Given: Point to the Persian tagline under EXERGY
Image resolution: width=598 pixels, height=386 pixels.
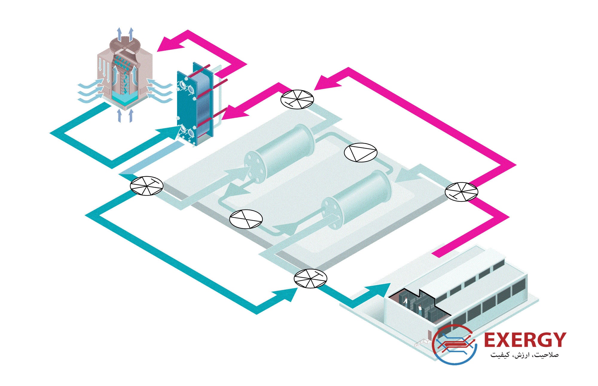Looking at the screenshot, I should point(524,355).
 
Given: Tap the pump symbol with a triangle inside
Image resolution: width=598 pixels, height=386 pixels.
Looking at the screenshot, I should point(361,153).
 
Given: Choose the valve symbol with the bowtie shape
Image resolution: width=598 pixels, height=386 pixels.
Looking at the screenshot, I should point(246,219).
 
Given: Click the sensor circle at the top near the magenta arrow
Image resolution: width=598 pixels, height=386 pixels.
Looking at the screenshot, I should point(297,99).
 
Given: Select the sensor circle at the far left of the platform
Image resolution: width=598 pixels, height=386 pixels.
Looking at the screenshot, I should point(147,186).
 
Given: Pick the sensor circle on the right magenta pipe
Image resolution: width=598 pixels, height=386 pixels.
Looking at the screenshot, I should point(461,192).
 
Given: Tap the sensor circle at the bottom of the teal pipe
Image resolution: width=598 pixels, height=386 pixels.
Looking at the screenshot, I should point(310,279).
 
